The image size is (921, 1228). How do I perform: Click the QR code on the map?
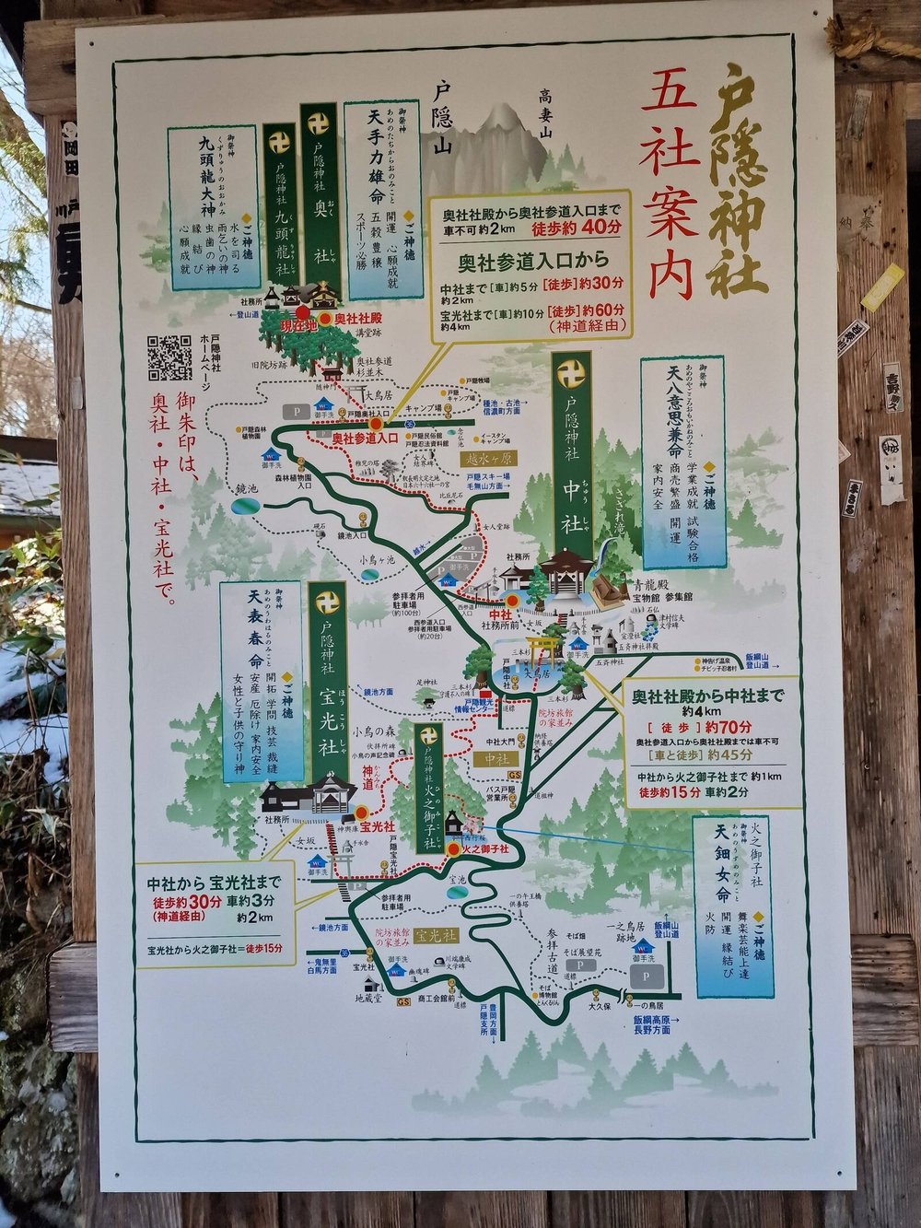(x=169, y=358)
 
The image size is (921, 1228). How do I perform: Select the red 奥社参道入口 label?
(x=364, y=439)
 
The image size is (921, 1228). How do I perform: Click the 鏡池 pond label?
(x=246, y=487)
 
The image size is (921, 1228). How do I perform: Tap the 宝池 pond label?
(x=458, y=880)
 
